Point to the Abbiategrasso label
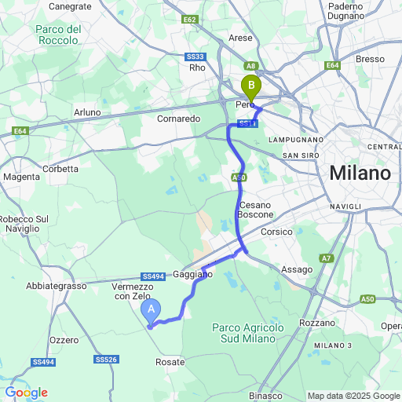pos(57,287)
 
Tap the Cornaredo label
pos(179,119)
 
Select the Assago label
pos(296,269)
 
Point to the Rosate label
pos(170,362)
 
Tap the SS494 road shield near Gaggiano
pos(152,276)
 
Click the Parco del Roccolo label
pos(59,35)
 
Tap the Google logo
pos(26,393)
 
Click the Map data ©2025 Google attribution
pos(353,396)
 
